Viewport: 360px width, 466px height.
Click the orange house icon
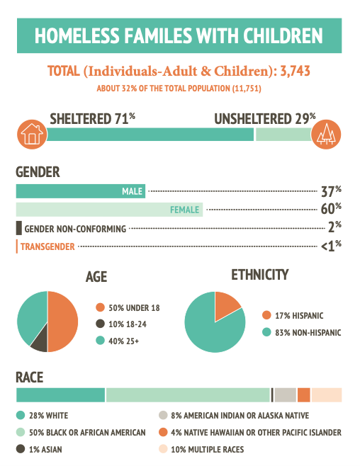point(32,135)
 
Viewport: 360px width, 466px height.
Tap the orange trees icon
point(326,135)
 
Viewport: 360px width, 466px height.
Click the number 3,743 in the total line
point(296,71)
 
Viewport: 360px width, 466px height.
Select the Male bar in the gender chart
point(81,191)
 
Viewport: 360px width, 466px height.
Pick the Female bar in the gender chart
point(109,210)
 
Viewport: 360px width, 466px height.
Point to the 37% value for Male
point(331,191)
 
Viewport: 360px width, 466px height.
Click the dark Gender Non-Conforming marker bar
point(18,228)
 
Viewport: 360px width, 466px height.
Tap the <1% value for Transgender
point(331,246)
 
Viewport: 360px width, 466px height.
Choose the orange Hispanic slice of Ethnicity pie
point(225,305)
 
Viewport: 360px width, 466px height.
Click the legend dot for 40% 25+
point(100,341)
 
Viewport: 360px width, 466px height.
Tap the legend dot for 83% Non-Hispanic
point(266,332)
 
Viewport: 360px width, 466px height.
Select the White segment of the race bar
point(61,395)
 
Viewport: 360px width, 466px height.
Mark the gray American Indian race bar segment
point(286,395)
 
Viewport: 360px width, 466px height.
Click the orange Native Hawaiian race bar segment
point(304,395)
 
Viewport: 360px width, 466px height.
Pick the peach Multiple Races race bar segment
point(327,395)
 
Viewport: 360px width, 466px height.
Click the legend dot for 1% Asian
point(21,449)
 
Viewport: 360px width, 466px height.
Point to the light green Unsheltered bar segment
point(284,135)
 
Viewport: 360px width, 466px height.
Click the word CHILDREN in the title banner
point(283,36)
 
